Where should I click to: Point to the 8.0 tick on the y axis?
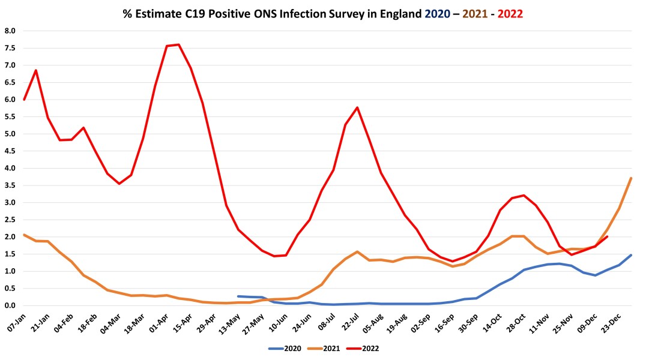click(x=10, y=31)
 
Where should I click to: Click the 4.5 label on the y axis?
click(x=10, y=151)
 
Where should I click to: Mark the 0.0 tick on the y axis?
click(x=10, y=306)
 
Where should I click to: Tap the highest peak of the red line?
click(x=179, y=44)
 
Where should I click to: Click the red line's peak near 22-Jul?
click(x=357, y=107)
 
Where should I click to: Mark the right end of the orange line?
click(x=631, y=178)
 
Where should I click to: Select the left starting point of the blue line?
click(x=238, y=296)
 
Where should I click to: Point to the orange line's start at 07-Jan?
click(x=24, y=235)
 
